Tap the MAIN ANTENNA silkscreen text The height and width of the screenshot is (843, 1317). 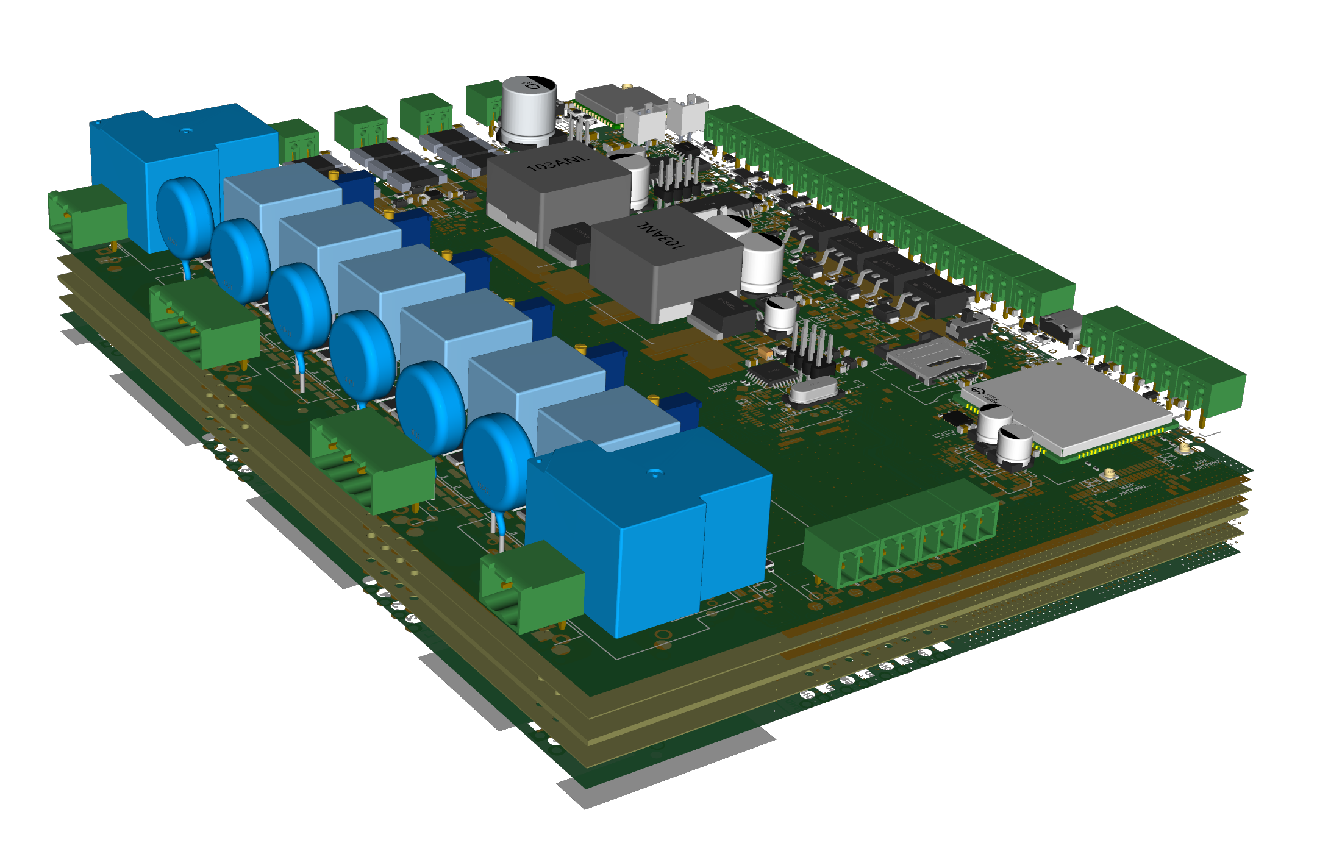pyautogui.click(x=1133, y=488)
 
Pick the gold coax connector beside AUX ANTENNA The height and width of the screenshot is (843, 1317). pyautogui.click(x=1183, y=449)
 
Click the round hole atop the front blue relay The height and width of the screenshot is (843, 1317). pyautogui.click(x=655, y=473)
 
